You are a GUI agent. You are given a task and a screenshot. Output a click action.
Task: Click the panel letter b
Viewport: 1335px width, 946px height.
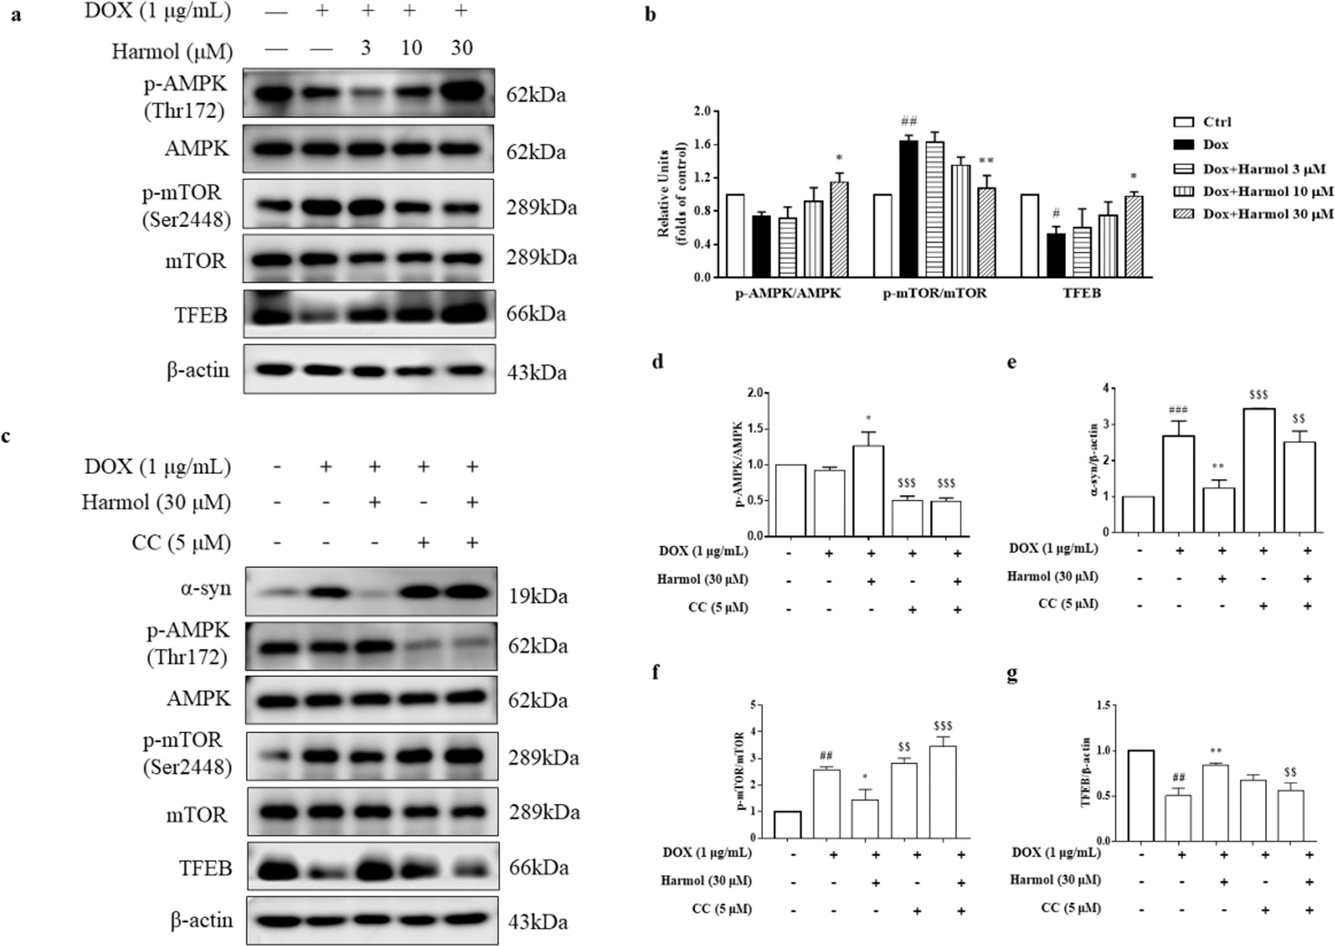(x=650, y=14)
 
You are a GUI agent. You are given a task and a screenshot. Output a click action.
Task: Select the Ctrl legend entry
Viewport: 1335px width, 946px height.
(x=1217, y=122)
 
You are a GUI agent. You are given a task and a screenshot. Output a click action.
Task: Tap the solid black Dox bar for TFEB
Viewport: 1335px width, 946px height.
(x=1055, y=255)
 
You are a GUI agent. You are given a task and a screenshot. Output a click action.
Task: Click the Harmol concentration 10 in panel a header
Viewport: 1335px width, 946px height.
(x=411, y=48)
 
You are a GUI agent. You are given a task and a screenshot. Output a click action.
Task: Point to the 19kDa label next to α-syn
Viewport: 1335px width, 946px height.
(x=538, y=596)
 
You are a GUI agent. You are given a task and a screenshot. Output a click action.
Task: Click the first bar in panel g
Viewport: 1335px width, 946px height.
(x=1140, y=795)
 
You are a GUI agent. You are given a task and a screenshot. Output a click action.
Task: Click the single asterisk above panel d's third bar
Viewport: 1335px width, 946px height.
(x=868, y=418)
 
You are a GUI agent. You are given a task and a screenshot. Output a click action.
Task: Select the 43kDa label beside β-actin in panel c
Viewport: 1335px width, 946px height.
(x=538, y=921)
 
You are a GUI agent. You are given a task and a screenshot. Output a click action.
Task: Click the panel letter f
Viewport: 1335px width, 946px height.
(x=657, y=673)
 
